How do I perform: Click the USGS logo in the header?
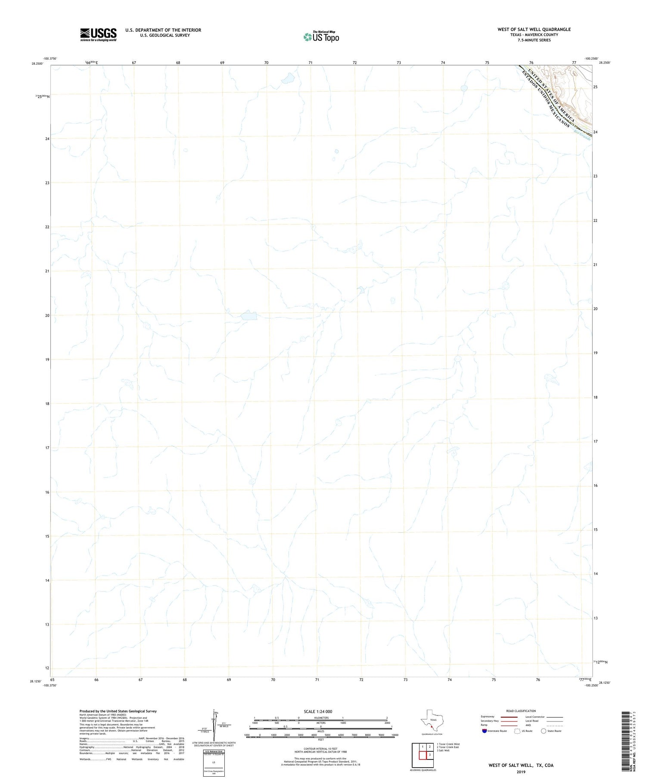click(x=98, y=34)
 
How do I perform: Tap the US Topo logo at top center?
click(x=321, y=37)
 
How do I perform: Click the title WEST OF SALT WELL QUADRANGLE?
click(x=534, y=29)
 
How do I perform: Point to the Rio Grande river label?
click(x=582, y=136)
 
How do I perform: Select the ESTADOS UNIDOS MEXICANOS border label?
click(x=545, y=99)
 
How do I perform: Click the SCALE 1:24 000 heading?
click(x=318, y=712)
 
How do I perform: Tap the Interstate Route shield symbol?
click(x=484, y=731)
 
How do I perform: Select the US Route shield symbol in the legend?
click(x=517, y=731)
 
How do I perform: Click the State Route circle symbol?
click(x=544, y=731)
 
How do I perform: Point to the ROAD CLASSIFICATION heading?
click(x=521, y=711)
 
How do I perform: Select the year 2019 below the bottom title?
click(x=521, y=772)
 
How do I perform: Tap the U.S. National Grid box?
click(x=214, y=763)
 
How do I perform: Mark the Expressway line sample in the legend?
click(x=509, y=717)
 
